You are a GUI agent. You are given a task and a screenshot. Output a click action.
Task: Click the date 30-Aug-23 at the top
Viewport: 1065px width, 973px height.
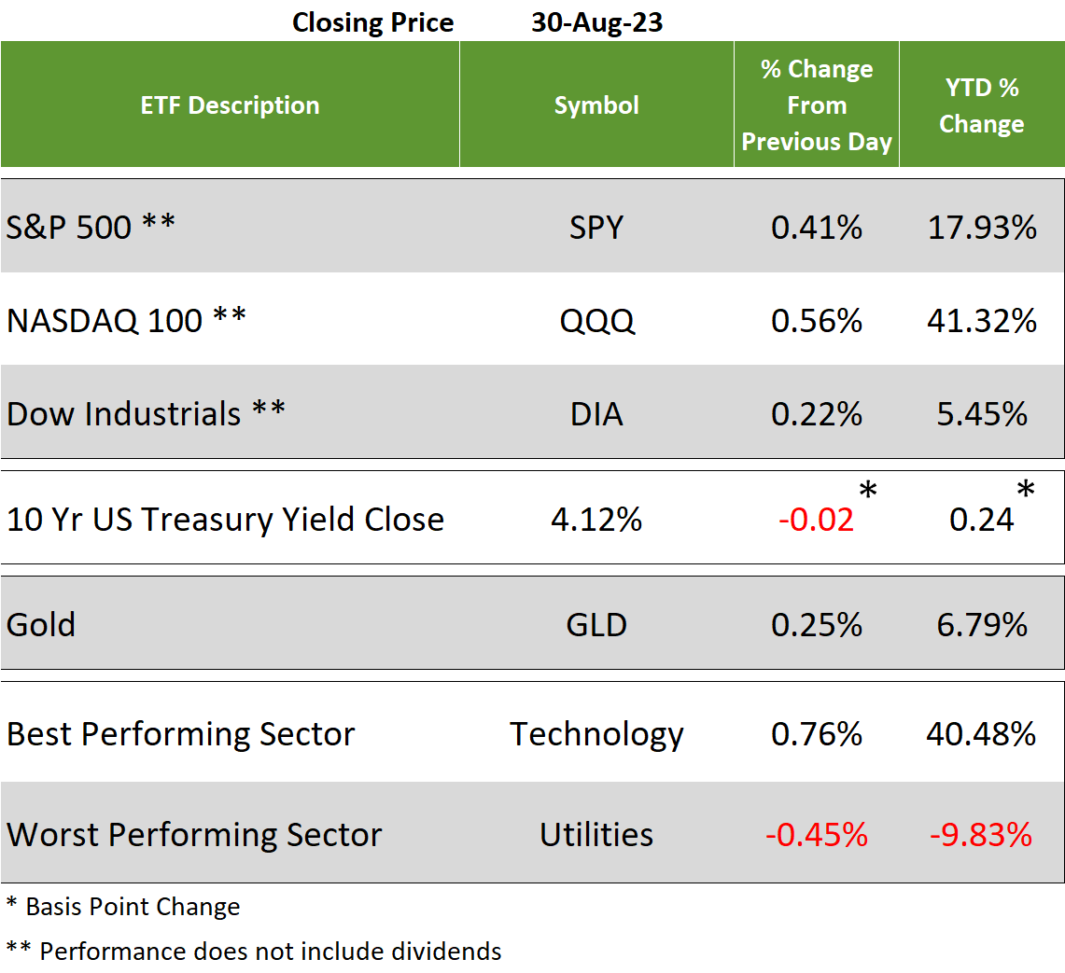(x=596, y=22)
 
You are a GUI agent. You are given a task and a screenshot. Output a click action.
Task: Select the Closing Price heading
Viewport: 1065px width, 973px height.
(x=372, y=22)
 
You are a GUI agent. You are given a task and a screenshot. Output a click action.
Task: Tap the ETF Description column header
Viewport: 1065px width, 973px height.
(x=230, y=105)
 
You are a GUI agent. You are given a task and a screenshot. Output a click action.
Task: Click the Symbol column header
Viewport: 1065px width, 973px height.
(x=596, y=105)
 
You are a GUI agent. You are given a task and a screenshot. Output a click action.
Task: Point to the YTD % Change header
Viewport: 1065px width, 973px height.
(x=981, y=105)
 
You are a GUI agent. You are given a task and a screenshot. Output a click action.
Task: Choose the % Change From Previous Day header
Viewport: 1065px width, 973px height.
(x=817, y=105)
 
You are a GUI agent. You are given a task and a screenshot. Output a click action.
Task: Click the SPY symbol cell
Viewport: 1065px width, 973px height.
(x=596, y=228)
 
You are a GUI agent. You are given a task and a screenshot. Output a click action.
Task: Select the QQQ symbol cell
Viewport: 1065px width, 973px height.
(x=596, y=321)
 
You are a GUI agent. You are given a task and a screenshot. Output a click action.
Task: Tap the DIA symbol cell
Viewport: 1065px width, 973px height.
(x=596, y=413)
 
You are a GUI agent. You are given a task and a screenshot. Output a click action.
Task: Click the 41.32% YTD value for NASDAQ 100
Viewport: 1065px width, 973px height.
(x=981, y=321)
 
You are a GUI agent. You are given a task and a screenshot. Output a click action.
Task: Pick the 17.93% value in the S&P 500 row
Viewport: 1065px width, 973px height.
(x=981, y=228)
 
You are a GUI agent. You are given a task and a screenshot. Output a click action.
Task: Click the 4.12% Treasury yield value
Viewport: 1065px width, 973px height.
(x=596, y=520)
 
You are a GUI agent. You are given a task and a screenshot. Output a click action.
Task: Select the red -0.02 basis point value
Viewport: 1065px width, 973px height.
(x=816, y=520)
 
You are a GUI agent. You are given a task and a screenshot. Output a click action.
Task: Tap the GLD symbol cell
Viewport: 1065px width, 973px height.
(x=596, y=624)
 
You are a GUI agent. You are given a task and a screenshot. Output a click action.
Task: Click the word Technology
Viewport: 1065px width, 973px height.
(x=596, y=734)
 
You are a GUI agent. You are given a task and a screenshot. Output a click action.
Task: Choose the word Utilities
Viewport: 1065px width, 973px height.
(x=596, y=834)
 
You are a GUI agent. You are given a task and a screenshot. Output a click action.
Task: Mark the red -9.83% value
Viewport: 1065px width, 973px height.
(x=981, y=834)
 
